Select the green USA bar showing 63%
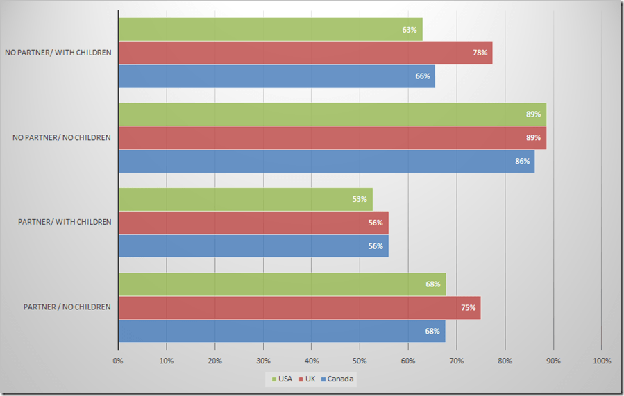(270, 30)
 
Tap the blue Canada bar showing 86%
(326, 161)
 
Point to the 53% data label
(359, 200)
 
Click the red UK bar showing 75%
(299, 308)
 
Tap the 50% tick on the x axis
(360, 361)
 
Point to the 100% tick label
(601, 361)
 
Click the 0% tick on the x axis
(118, 361)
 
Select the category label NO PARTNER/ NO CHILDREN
(62, 137)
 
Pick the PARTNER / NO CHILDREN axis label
(67, 307)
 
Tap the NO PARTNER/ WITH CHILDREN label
(58, 53)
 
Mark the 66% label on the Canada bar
(422, 76)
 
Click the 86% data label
(522, 161)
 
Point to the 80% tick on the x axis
(505, 361)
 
